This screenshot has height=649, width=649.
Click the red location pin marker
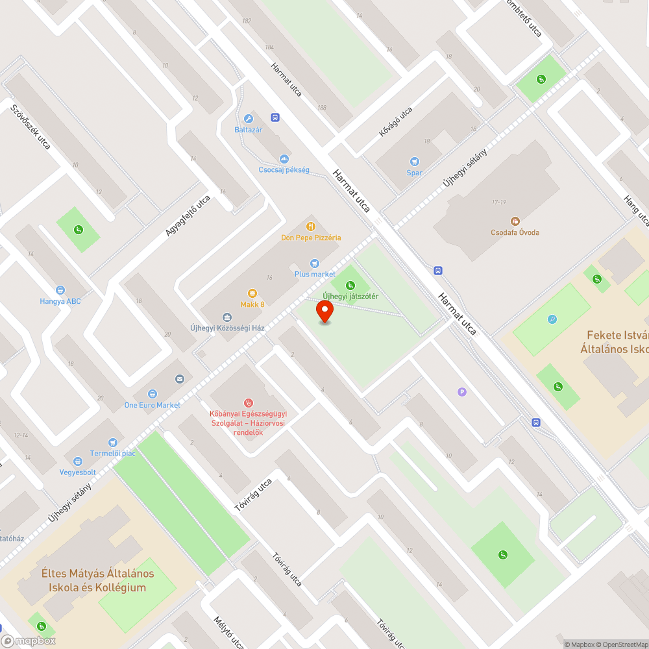point(324,312)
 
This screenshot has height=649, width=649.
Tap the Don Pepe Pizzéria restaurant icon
point(311,227)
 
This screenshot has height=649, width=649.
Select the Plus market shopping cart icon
point(315,263)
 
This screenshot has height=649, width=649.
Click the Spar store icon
point(414,162)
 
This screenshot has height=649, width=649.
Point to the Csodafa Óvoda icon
point(515,221)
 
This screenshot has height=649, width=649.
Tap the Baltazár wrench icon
point(248,119)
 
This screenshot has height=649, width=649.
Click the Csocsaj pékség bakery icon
point(284,159)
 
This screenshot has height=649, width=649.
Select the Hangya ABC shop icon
point(60,290)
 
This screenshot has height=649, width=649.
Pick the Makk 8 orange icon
point(252,293)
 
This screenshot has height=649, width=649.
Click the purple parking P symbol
point(462,391)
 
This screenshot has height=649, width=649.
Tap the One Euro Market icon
point(152,394)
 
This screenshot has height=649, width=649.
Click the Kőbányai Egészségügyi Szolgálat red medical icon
point(247,402)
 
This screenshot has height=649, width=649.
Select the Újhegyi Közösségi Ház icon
point(227,317)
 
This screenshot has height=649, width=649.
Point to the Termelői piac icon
point(113,442)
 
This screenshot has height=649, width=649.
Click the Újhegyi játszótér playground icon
point(350,285)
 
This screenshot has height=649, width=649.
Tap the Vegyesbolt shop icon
point(78,461)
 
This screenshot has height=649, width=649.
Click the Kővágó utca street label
point(396,122)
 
